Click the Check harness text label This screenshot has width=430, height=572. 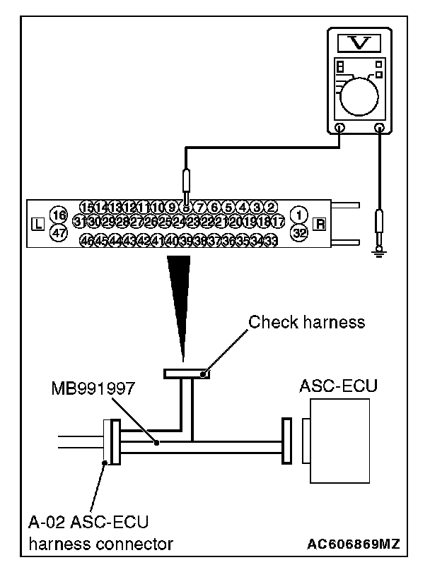point(306,323)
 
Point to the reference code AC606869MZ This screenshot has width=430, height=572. point(353,544)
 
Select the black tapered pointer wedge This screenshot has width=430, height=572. point(179,297)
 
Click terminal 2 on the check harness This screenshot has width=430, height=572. point(271,207)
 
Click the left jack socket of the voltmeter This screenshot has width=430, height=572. point(339,129)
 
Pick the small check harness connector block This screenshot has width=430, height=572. point(185,373)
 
